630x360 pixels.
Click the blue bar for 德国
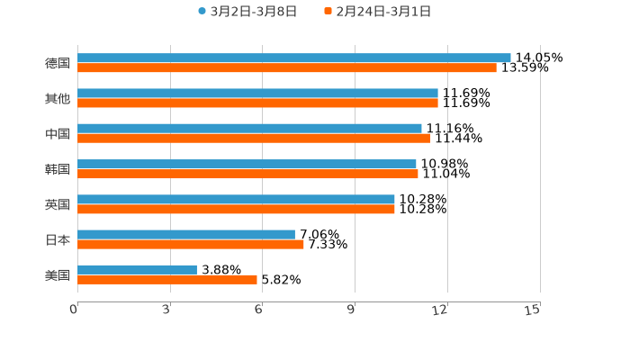294,58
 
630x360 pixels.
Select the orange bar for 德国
287,67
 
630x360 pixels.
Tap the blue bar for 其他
257,93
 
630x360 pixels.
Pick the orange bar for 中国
254,138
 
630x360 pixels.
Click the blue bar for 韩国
247,164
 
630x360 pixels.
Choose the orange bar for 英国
236,209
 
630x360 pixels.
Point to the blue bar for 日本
186,234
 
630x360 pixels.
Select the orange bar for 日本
191,244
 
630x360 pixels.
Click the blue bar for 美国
137,269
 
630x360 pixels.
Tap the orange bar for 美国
167,279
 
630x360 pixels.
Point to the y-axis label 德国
57,63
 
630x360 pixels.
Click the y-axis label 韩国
57,169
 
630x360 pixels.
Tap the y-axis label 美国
57,274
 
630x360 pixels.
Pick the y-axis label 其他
57,98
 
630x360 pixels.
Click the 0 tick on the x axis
74,310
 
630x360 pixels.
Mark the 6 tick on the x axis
258,310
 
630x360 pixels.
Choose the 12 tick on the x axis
440,310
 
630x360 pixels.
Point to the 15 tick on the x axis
533,310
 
